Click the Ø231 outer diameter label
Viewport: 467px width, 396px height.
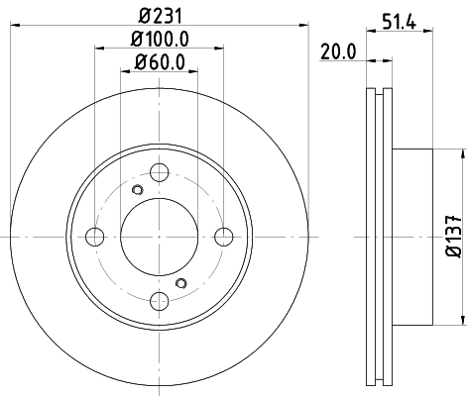click(160, 17)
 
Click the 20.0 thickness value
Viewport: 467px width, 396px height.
click(338, 54)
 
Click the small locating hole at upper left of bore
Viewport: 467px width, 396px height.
click(138, 190)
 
